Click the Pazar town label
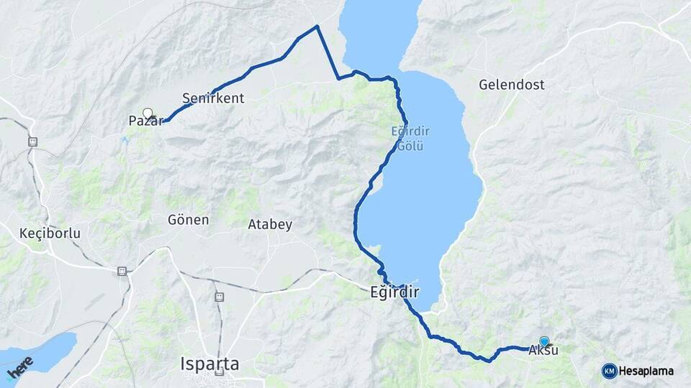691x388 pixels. click(142, 121)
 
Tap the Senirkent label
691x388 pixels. click(213, 98)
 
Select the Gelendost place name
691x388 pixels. click(511, 85)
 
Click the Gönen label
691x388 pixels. click(188, 220)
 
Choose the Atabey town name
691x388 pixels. click(270, 224)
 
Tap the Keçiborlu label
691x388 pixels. click(50, 234)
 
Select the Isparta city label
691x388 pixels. click(209, 364)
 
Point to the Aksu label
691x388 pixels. click(543, 351)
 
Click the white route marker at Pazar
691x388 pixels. click(148, 113)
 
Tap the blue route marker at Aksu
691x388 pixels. click(544, 341)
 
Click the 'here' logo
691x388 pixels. click(20, 367)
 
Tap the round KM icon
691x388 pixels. click(609, 371)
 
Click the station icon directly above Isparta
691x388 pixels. click(219, 296)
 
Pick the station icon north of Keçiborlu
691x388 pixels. click(32, 142)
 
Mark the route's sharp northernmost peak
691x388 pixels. click(317, 27)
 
